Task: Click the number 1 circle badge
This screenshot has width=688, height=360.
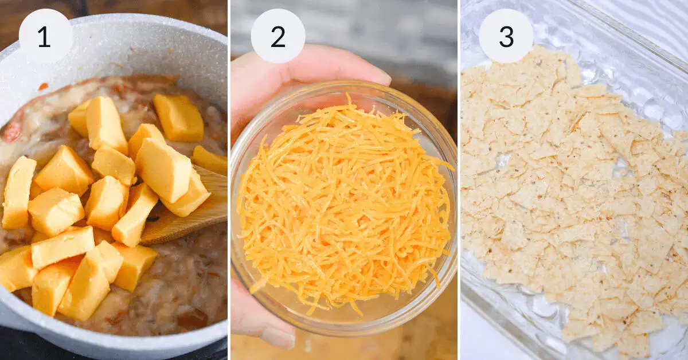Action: [45, 36]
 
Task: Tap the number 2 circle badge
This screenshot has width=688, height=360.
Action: [278, 36]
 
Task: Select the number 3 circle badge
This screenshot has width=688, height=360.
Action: [506, 36]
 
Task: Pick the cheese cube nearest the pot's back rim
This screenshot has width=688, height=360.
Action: [178, 117]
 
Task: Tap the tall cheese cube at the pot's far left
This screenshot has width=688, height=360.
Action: [18, 192]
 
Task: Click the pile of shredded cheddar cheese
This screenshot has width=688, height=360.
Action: [344, 206]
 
